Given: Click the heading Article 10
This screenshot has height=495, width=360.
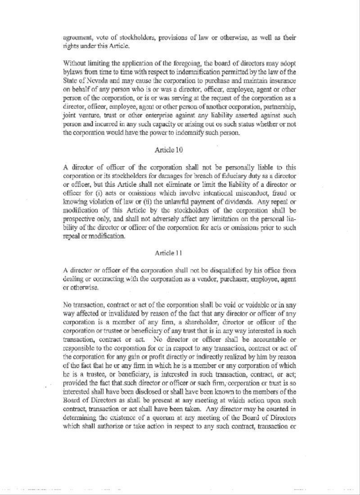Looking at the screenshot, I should (x=168, y=149).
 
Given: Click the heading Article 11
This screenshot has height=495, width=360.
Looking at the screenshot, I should (x=168, y=253).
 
